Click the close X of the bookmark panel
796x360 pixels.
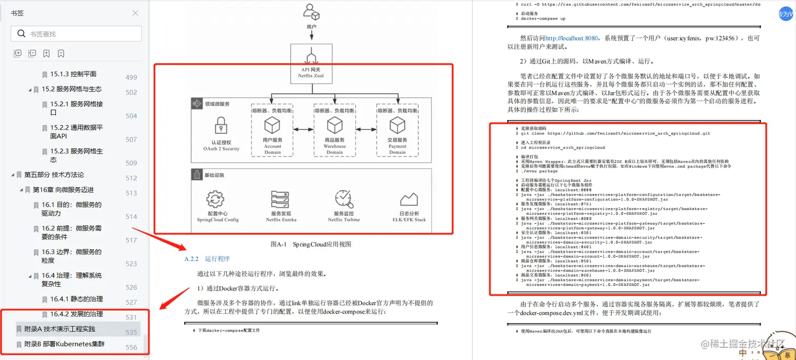[135, 13]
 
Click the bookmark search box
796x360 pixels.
[76, 34]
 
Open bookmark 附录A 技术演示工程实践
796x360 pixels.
[59, 329]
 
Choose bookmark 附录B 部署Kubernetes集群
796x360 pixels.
[64, 344]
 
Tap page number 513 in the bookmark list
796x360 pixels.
[131, 193]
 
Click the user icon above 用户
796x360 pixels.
[311, 12]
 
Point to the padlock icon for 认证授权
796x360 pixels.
[221, 126]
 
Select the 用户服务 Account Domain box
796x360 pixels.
[272, 130]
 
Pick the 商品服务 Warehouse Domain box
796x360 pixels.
[334, 130]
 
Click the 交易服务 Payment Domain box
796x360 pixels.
[397, 130]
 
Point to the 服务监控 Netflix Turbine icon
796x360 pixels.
[343, 199]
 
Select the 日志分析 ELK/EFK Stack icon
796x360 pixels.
[409, 199]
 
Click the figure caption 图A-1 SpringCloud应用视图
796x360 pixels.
[311, 244]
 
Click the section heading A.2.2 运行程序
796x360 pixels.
[207, 259]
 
